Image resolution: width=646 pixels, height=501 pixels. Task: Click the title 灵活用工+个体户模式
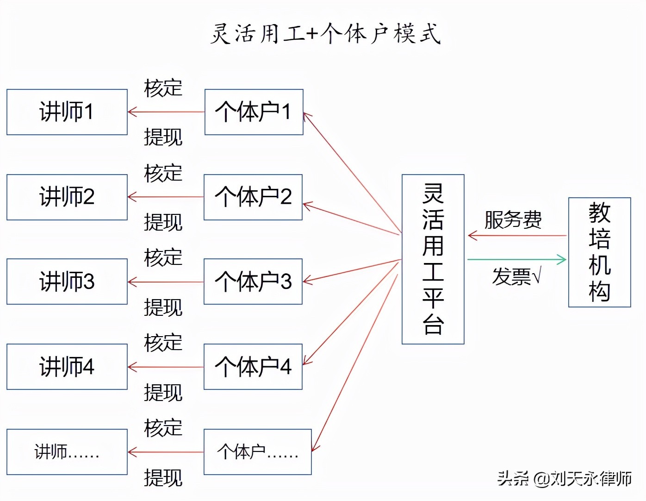click(x=325, y=34)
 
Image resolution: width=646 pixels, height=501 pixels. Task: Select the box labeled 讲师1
click(x=67, y=112)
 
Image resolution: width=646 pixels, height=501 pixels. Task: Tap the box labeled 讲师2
click(x=67, y=197)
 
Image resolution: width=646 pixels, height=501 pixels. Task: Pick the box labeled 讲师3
click(x=67, y=282)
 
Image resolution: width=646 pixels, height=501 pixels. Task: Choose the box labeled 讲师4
click(x=67, y=367)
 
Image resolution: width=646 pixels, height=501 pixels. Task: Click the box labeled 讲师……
click(x=67, y=452)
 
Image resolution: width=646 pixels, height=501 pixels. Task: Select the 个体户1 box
click(x=254, y=112)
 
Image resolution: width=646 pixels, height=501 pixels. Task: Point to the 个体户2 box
click(x=253, y=197)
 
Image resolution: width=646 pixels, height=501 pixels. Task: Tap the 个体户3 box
click(x=253, y=282)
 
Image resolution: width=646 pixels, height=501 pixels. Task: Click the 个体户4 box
click(x=253, y=367)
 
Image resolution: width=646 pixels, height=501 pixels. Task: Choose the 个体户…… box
click(x=258, y=452)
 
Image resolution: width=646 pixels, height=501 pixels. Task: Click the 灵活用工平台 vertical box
click(x=433, y=259)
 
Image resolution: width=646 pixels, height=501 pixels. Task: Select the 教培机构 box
click(x=599, y=252)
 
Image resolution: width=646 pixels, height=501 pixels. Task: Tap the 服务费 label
click(x=513, y=219)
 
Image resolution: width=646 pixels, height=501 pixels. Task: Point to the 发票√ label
click(x=516, y=277)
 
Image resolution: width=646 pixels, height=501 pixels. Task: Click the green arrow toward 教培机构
click(x=516, y=259)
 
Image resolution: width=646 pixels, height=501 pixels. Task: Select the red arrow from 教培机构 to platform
click(x=516, y=236)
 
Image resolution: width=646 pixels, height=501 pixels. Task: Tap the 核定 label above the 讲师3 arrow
click(x=163, y=257)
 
